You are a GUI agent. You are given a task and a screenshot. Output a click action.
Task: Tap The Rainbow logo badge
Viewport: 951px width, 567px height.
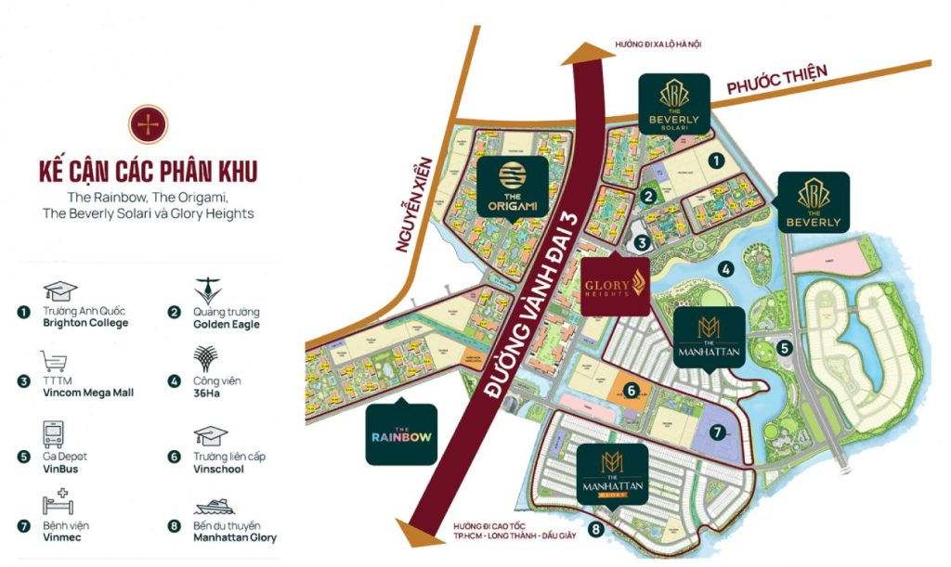click(401, 434)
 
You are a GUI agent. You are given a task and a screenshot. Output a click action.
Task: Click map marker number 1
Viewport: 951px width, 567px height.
click(716, 160)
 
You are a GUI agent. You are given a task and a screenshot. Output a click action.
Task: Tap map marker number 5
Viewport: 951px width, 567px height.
click(785, 349)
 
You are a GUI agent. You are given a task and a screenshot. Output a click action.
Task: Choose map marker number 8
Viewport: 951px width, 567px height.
click(595, 530)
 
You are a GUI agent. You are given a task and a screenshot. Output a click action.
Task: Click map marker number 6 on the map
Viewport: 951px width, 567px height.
click(631, 391)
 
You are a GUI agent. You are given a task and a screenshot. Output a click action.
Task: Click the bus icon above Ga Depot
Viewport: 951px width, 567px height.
click(53, 433)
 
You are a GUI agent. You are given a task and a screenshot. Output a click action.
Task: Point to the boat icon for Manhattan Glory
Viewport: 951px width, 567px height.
click(214, 506)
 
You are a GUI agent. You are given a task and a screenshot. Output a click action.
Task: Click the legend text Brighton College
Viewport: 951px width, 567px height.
click(85, 323)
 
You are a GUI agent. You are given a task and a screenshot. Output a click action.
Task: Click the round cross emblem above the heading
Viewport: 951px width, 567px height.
click(148, 124)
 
